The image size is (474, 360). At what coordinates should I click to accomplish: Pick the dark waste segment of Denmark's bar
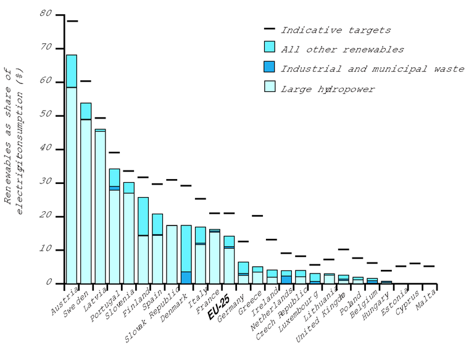(186, 278)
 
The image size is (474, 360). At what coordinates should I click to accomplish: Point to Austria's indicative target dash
(72, 21)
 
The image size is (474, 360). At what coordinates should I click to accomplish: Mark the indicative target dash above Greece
(257, 216)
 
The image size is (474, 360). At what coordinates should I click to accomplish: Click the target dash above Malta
(429, 266)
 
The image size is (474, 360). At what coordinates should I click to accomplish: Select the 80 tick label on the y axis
(44, 15)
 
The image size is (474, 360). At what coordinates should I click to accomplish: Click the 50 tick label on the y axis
(44, 115)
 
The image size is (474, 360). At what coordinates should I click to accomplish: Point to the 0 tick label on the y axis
(48, 283)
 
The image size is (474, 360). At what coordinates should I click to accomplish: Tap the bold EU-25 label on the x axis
(218, 307)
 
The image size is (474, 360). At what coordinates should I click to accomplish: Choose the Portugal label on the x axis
(105, 303)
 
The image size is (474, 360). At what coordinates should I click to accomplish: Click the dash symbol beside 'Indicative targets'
(269, 29)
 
